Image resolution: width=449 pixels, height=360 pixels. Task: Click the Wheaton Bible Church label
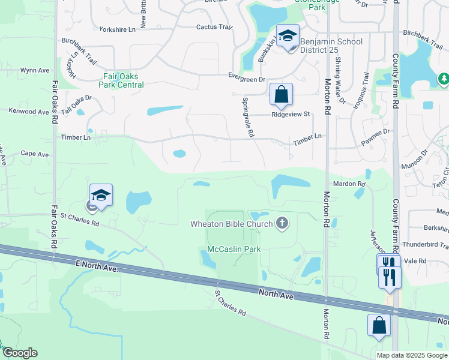pyautogui.click(x=232, y=224)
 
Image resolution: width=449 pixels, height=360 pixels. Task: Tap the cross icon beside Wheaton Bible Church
pyautogui.click(x=282, y=224)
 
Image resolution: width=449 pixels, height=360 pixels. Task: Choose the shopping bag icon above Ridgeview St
pyautogui.click(x=280, y=94)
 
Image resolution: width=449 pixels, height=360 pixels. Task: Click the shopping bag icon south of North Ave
pyautogui.click(x=379, y=325)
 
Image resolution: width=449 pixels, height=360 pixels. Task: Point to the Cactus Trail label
pyautogui.click(x=214, y=27)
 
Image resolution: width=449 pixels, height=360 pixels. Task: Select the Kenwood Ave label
pyautogui.click(x=28, y=112)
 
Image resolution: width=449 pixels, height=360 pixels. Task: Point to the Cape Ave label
pyautogui.click(x=35, y=154)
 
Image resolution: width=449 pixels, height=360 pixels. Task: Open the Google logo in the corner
pyautogui.click(x=20, y=353)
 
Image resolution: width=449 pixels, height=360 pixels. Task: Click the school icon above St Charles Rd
pyautogui.click(x=101, y=195)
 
